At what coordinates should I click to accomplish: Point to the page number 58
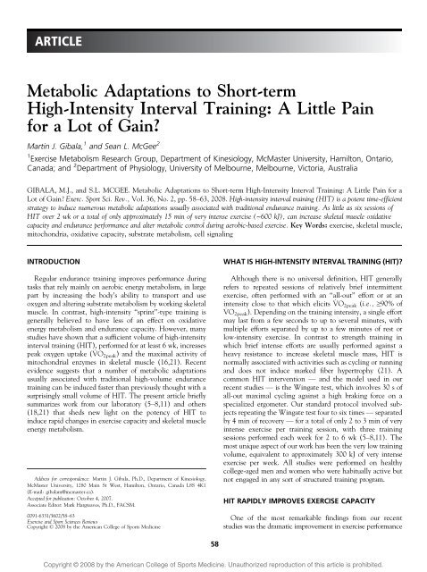[213, 539]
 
